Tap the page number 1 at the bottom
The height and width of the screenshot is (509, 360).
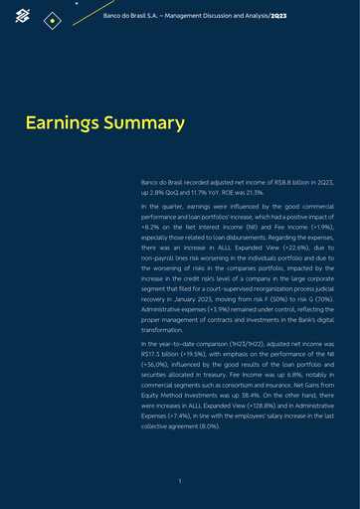[179, 481]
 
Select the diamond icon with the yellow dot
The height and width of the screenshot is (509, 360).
[55, 19]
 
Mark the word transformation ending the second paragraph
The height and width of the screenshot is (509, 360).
[167, 327]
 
